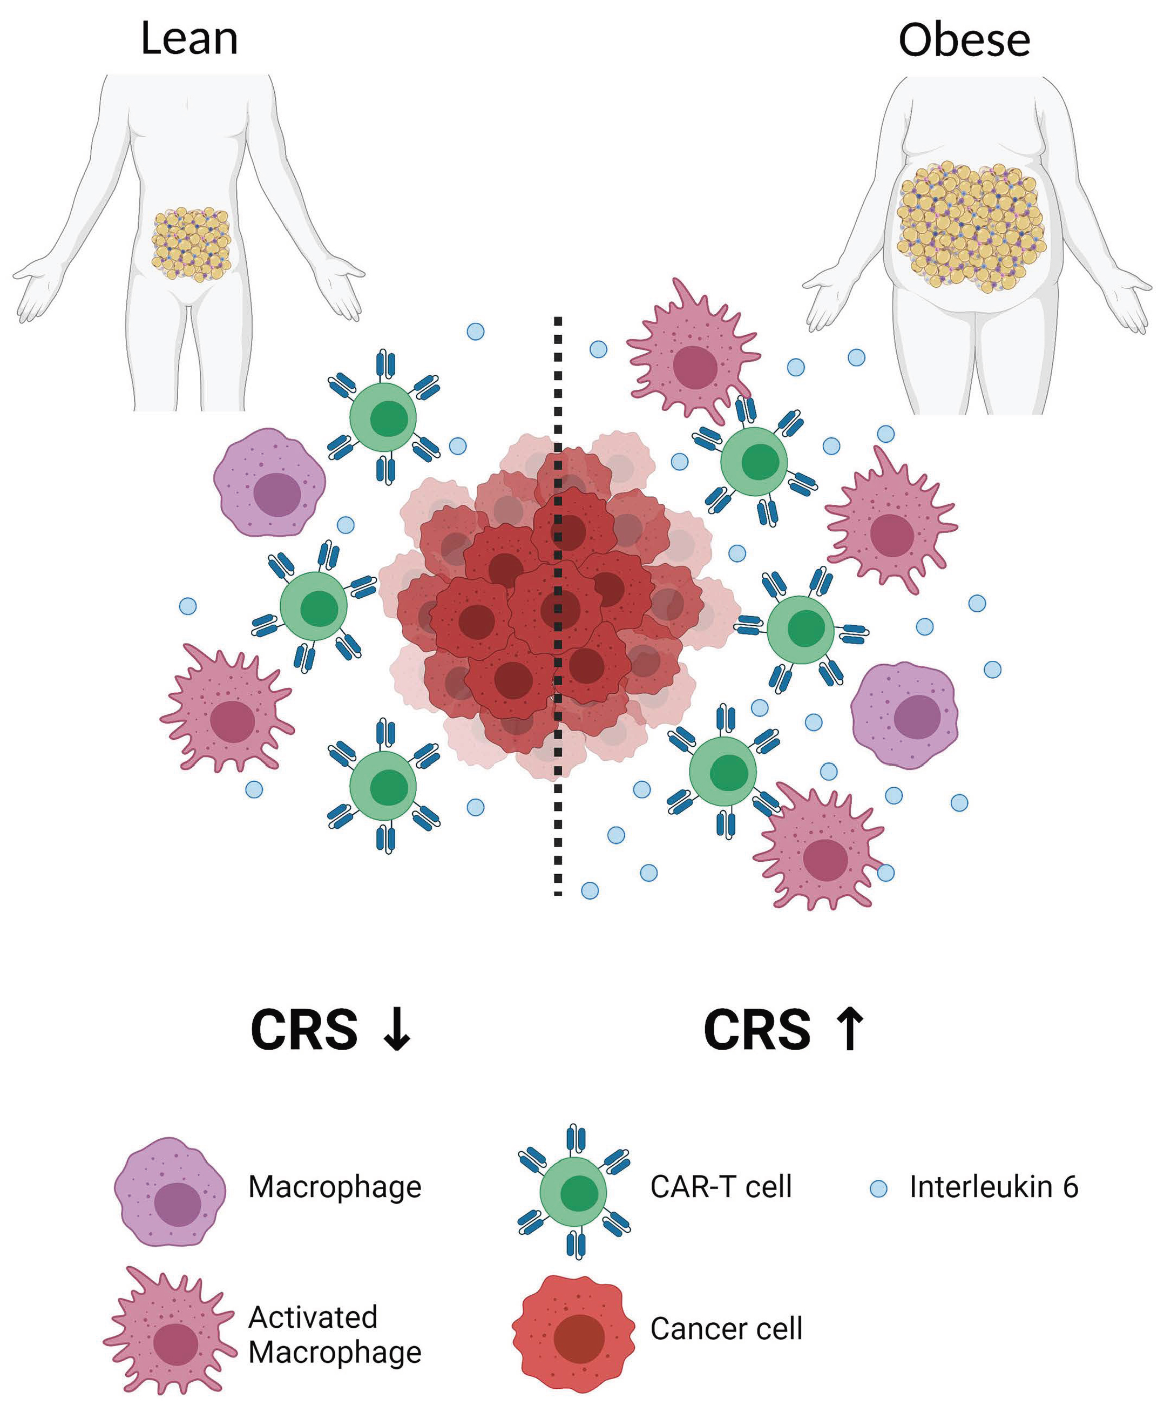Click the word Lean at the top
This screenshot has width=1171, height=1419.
189,38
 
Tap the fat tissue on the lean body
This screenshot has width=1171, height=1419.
192,244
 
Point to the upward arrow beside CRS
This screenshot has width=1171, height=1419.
849,1029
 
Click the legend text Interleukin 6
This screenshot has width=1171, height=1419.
993,1187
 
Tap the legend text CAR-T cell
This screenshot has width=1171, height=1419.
720,1187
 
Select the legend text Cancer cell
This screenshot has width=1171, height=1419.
726,1329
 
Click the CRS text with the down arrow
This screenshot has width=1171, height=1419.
304,1030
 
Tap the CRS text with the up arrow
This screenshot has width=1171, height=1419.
757,1030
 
